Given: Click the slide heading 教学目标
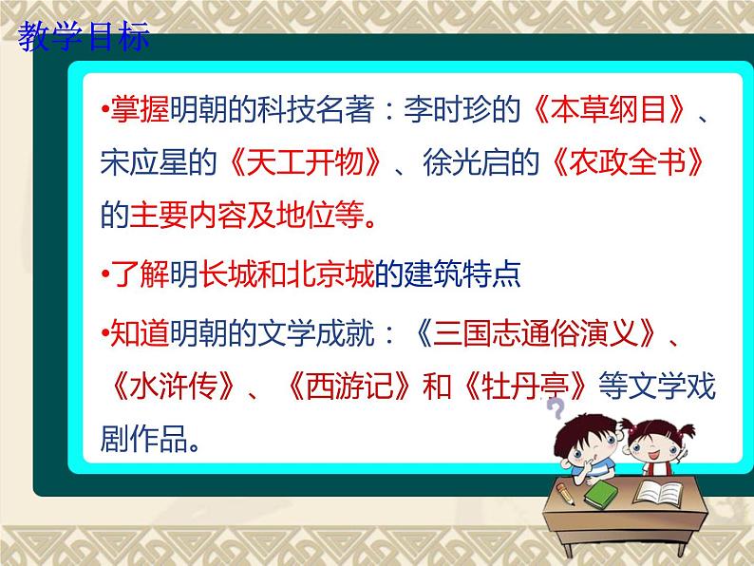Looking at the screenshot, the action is pyautogui.click(x=84, y=36).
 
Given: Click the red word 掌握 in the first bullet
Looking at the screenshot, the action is pyautogui.click(x=140, y=109).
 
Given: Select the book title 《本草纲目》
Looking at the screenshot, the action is pyautogui.click(x=610, y=109).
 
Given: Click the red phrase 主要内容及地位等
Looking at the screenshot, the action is pyautogui.click(x=247, y=215).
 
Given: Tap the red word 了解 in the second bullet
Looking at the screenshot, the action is pyautogui.click(x=140, y=274).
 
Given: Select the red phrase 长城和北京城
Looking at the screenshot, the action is pyautogui.click(x=287, y=274).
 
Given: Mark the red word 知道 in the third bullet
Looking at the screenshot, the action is pyautogui.click(x=140, y=332).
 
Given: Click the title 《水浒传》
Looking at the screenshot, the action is pyautogui.click(x=173, y=386).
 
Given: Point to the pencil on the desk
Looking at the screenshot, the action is pyautogui.click(x=565, y=494).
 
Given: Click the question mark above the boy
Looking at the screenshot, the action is pyautogui.click(x=556, y=409).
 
